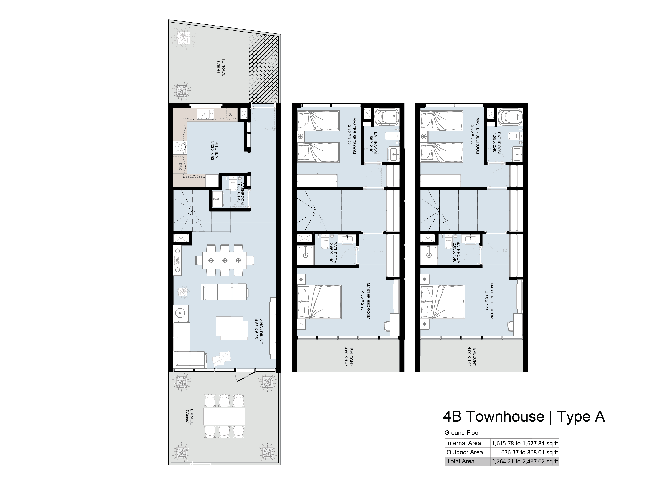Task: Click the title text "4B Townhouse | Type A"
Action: click(x=524, y=416)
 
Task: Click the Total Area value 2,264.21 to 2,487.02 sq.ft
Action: click(x=525, y=461)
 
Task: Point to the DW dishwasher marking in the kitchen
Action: click(x=180, y=167)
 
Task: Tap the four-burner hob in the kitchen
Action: click(x=180, y=147)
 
